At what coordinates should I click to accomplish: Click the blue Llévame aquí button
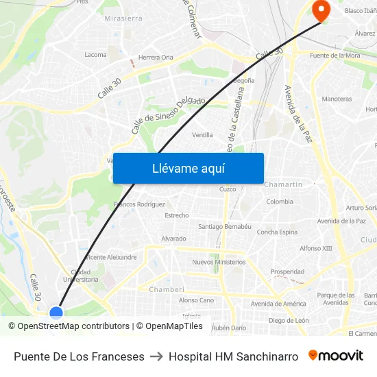point(188,168)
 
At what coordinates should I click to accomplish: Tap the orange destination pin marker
point(320,10)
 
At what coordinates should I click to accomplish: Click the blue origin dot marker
point(56,313)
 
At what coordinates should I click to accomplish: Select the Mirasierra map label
point(123,19)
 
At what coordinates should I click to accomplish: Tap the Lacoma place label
point(95,55)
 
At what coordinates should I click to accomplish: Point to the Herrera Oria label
point(156,58)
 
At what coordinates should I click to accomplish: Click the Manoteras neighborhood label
point(337,99)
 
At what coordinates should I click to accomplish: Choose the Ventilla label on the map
point(202,135)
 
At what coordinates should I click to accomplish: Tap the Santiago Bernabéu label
point(225,227)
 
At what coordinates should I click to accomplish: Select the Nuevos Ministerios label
point(219,262)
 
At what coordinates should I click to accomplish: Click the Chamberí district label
point(168,289)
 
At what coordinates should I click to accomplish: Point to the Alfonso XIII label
point(315,248)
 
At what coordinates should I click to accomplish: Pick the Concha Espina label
point(277,232)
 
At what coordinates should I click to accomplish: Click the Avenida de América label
point(278,304)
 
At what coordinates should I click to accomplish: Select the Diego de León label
point(289,320)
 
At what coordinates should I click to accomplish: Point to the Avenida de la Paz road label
point(297,114)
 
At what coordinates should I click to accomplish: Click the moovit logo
point(336,356)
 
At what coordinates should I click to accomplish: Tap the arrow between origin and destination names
point(156,356)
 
